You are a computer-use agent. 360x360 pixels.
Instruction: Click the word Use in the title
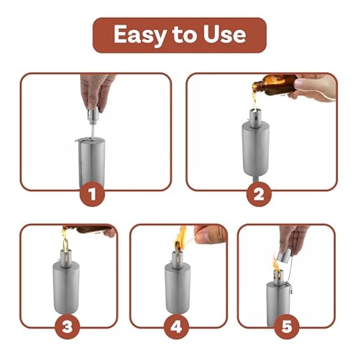click(x=224, y=35)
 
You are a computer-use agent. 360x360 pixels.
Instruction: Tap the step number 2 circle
click(x=259, y=194)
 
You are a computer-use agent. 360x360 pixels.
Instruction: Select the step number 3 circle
click(x=68, y=327)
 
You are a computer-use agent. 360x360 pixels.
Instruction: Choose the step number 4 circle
click(x=177, y=327)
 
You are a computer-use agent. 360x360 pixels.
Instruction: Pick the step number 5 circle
click(x=286, y=327)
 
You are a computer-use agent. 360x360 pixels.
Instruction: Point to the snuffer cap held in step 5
click(x=284, y=256)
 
